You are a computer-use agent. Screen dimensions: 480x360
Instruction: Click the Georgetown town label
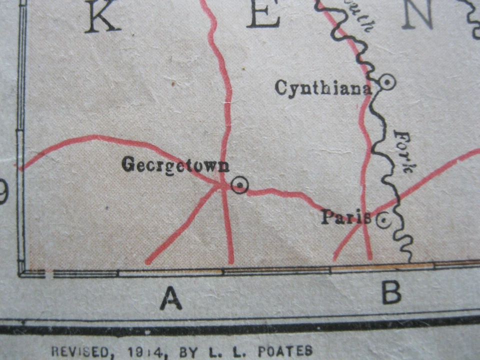click(x=175, y=164)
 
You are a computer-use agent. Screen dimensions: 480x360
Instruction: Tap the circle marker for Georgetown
click(x=239, y=185)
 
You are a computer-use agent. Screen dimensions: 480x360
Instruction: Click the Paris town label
click(x=345, y=217)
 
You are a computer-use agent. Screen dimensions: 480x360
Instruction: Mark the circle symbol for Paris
click(x=383, y=220)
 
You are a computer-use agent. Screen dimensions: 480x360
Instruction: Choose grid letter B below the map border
click(x=391, y=293)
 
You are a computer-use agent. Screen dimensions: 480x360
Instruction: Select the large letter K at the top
click(x=102, y=16)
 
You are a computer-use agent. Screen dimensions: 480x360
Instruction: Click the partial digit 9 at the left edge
click(x=3, y=192)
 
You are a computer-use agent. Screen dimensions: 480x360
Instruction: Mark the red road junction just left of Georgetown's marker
click(x=221, y=186)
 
